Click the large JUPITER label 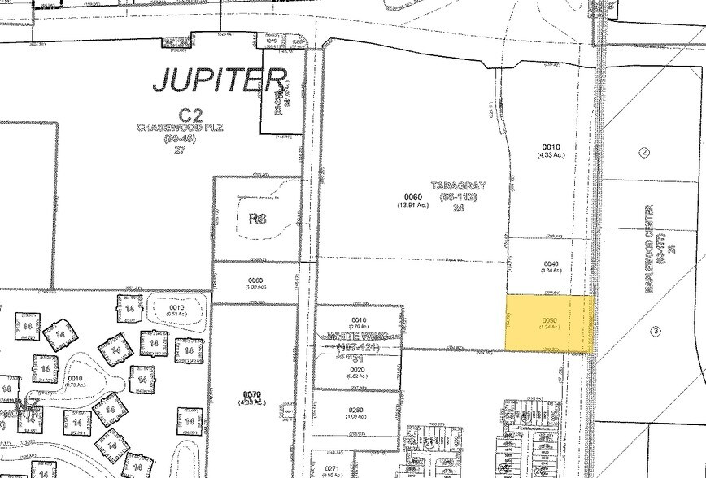click(x=220, y=80)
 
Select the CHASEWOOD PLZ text click(x=180, y=128)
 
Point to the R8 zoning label click(x=258, y=217)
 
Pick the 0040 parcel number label click(x=551, y=264)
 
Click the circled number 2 click(x=645, y=153)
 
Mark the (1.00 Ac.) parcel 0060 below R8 click(x=255, y=286)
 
